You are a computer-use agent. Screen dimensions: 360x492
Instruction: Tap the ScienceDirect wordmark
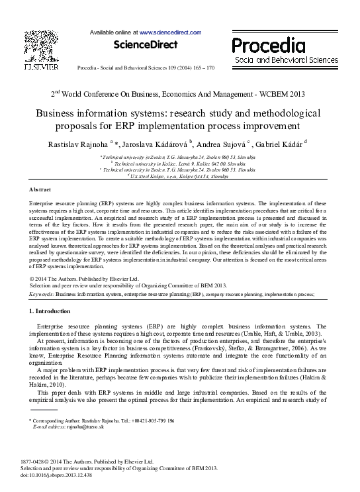(x=146, y=45)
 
